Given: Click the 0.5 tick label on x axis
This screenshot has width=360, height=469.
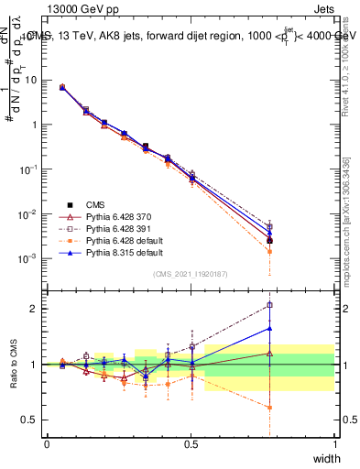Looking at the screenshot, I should (x=191, y=443).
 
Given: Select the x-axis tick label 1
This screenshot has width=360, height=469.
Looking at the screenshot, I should (x=334, y=443).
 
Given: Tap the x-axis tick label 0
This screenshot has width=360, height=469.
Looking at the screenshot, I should (x=47, y=443).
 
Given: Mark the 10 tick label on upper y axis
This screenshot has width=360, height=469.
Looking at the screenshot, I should (x=32, y=80).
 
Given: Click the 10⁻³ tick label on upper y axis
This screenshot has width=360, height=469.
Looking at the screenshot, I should (x=30, y=258).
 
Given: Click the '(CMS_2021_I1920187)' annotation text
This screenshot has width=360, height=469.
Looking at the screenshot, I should (x=191, y=273).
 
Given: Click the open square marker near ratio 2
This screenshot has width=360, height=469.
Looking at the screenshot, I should (x=269, y=305).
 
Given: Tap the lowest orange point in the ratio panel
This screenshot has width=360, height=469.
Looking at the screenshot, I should (x=269, y=408).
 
